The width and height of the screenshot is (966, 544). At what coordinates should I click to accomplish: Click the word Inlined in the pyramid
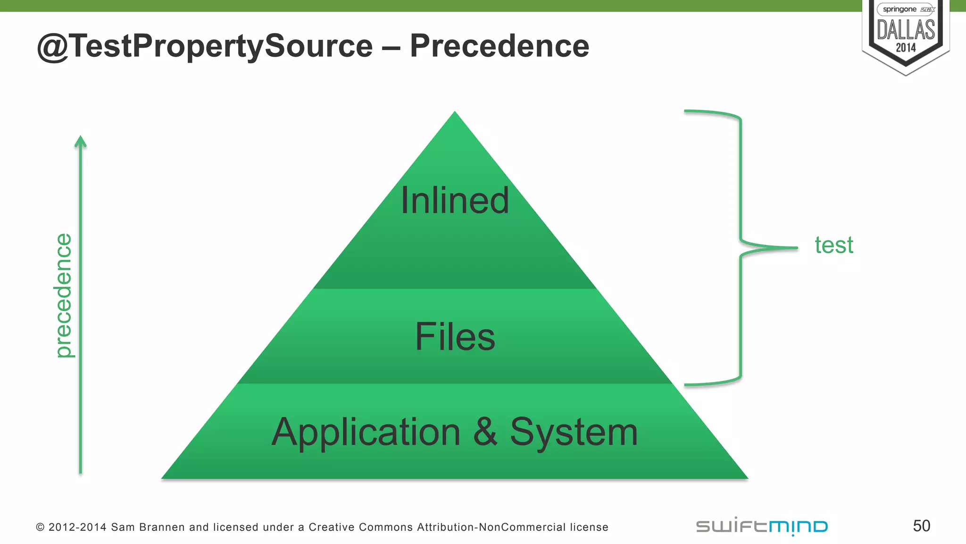pos(455,200)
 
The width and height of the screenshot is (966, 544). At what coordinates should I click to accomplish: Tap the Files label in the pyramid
pos(455,336)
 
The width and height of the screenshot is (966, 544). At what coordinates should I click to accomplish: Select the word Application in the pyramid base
pos(366,432)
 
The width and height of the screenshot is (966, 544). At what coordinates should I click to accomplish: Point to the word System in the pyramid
pos(574,432)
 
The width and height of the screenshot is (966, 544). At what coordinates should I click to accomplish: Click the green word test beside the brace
pos(834,245)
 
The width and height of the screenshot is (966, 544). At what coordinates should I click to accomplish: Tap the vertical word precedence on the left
pos(63,296)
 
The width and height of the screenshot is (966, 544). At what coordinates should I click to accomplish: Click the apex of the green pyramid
pos(455,114)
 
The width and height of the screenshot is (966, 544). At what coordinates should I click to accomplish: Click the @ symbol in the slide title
pos(53,47)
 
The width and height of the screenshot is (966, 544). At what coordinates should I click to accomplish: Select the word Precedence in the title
pos(500,46)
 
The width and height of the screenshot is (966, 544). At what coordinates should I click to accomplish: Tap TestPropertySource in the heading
pos(222,47)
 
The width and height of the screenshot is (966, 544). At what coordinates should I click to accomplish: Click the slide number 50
pos(921,526)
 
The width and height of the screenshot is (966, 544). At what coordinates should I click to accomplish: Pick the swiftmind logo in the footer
pos(762,526)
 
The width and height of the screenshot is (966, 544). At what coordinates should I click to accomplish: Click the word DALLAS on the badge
pos(906,30)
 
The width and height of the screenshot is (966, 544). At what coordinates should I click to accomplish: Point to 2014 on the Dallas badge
pos(906,48)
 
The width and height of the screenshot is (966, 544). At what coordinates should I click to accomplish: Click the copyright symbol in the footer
pos(40,527)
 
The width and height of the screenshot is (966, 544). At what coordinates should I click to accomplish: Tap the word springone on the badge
pos(899,9)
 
